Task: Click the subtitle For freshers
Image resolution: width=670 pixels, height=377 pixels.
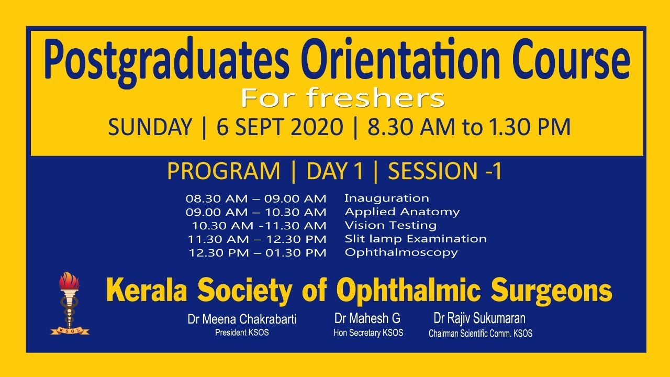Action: click(342, 98)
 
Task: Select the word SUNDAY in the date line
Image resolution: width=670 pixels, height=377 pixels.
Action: click(150, 128)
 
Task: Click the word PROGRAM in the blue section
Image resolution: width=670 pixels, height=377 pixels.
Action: click(224, 172)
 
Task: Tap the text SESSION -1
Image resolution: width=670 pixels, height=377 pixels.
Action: click(445, 172)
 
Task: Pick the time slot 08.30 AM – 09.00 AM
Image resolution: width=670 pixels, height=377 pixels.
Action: click(256, 199)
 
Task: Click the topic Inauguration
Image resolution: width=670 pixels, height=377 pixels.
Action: click(386, 198)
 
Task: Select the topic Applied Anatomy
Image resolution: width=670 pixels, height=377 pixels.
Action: click(402, 212)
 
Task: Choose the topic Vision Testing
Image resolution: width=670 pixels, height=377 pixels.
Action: click(390, 226)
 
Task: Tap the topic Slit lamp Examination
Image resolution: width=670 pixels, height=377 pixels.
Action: click(416, 239)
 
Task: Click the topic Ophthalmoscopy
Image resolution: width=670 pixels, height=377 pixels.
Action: click(401, 252)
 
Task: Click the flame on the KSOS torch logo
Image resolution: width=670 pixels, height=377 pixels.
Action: click(69, 283)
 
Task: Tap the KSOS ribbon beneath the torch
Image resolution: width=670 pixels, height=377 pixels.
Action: click(70, 331)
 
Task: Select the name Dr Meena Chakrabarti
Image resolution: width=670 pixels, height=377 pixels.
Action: click(242, 319)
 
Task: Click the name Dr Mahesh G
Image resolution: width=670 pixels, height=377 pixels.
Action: click(368, 318)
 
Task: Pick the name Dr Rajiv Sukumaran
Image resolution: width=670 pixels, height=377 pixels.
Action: click(479, 318)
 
